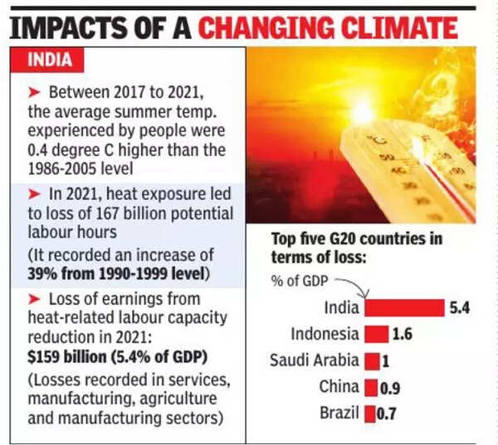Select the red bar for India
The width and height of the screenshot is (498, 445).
coord(404,308)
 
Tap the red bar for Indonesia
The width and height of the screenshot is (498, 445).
coord(376,334)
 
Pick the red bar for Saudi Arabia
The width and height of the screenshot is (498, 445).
coord(372,360)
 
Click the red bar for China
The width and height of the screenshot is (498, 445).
coord(371,387)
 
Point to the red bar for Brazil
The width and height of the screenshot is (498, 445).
coord(369,413)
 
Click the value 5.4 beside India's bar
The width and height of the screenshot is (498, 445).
coord(461,308)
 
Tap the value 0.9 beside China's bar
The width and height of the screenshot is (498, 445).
coord(391,387)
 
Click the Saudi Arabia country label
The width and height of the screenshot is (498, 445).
coord(315,360)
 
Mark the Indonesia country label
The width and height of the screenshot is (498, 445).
coord(325,334)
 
